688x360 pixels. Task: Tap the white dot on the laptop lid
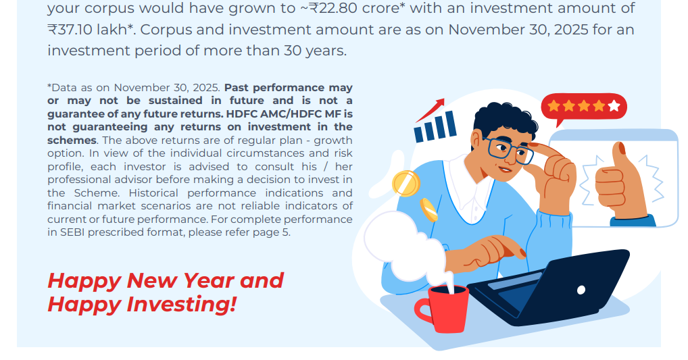[581, 289]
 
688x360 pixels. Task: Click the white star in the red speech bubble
[614, 105]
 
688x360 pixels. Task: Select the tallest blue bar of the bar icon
[451, 124]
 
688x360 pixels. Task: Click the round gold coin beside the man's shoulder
[406, 183]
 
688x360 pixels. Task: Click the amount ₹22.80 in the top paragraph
[333, 8]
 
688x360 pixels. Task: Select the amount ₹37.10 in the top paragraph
[70, 29]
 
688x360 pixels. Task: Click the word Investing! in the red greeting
[182, 304]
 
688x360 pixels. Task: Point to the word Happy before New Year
[84, 281]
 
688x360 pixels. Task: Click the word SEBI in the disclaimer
[72, 232]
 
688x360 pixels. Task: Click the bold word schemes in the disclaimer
[72, 140]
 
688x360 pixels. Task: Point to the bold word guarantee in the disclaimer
[72, 114]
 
